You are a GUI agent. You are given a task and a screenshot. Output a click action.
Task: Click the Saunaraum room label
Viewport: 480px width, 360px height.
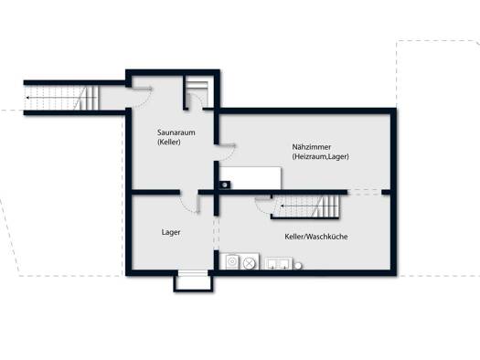pyautogui.click(x=176, y=132)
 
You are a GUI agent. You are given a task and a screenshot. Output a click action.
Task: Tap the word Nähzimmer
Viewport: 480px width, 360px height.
pyautogui.click(x=312, y=147)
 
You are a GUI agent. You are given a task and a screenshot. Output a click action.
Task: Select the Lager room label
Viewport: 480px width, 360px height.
pyautogui.click(x=171, y=232)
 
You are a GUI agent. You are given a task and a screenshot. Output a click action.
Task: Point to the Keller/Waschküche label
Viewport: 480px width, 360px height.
pyautogui.click(x=316, y=237)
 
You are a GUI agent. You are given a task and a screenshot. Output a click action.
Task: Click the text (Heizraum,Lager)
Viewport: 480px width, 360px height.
pyautogui.click(x=320, y=156)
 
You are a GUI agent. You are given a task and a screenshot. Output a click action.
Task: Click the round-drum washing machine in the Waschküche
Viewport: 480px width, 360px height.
pyautogui.click(x=232, y=262)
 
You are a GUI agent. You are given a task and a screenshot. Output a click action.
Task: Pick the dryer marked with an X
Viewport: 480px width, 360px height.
pyautogui.click(x=250, y=263)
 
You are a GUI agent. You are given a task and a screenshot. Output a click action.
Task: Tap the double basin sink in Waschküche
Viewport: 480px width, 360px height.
pyautogui.click(x=278, y=263)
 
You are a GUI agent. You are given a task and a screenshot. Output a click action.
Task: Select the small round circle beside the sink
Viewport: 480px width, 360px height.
pyautogui.click(x=298, y=266)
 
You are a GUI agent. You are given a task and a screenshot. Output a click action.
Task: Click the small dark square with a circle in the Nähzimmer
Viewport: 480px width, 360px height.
pyautogui.click(x=225, y=185)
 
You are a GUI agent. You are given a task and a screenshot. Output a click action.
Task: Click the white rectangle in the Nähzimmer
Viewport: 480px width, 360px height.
pyautogui.click(x=251, y=177)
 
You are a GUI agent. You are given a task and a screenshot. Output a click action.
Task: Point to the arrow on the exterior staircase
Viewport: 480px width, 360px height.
pyautogui.click(x=61, y=98)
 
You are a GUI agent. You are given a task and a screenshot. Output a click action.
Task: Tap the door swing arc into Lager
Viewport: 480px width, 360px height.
pyautogui.click(x=187, y=206)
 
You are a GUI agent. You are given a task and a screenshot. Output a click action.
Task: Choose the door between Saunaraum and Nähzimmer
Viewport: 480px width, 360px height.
pyautogui.click(x=227, y=152)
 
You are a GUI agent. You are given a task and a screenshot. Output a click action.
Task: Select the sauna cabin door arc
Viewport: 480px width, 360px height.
pyautogui.click(x=196, y=100)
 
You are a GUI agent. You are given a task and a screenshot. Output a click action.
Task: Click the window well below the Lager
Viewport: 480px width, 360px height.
pyautogui.click(x=193, y=282)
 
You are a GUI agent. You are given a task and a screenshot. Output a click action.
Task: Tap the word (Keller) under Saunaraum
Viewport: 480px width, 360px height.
pyautogui.click(x=168, y=142)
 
